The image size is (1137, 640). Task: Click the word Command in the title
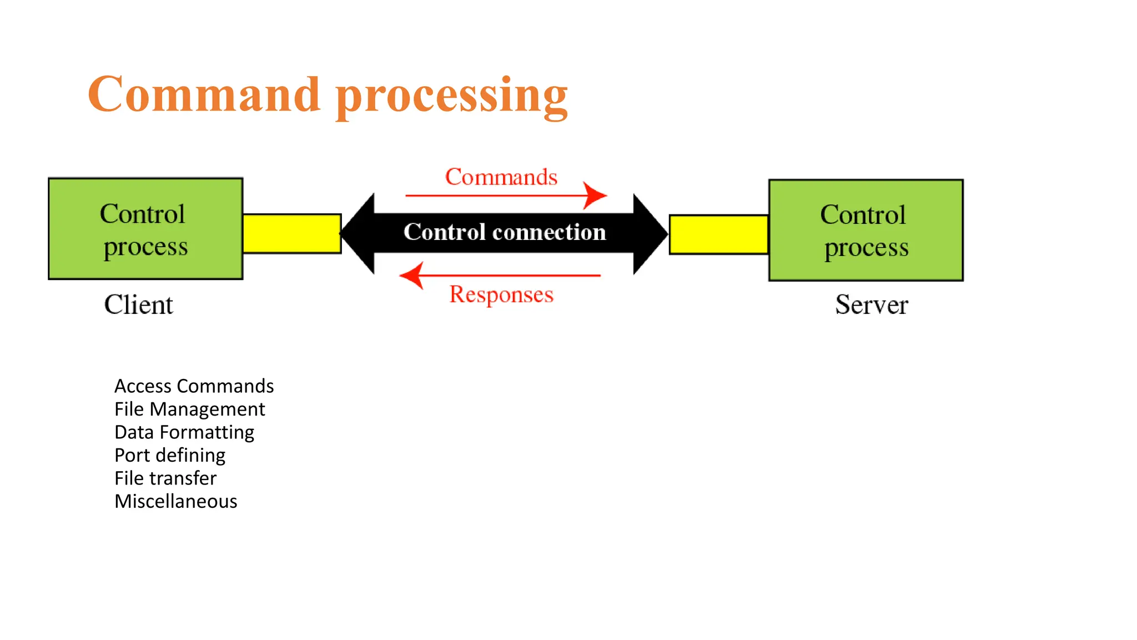204,94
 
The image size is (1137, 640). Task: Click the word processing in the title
452,97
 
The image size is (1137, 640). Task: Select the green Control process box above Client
145,228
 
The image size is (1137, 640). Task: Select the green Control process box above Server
866,230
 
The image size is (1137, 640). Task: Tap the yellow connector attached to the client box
292,234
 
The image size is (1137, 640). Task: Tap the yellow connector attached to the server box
719,234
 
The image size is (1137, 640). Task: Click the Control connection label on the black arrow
504,232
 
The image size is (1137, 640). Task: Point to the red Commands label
501,177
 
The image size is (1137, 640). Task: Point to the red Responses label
501,294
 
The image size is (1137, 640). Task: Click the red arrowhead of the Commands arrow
596,196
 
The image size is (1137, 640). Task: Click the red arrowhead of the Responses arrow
412,275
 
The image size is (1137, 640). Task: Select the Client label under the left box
138,304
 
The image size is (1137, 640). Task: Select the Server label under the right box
871,304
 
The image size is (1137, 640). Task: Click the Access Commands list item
194,386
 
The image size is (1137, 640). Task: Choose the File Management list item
189,409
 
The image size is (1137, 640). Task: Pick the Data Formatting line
184,432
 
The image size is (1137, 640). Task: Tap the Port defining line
169,455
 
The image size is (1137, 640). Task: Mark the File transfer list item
165,478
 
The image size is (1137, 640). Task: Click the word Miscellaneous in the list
175,501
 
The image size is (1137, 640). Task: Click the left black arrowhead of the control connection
358,234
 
